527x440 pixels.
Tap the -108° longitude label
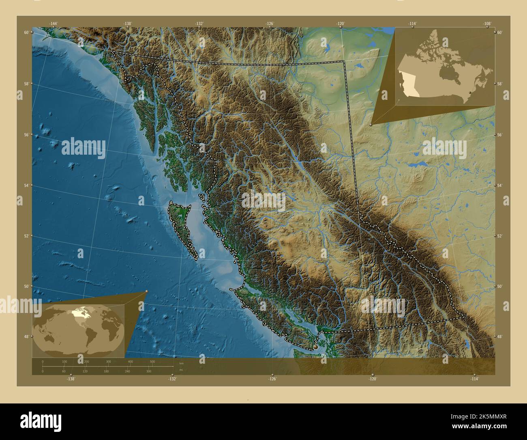(x=487, y=24)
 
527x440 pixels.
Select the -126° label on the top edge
(x=270, y=24)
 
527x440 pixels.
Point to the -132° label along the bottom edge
(x=173, y=379)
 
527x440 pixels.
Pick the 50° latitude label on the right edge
(x=500, y=286)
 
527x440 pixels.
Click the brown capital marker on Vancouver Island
(x=316, y=347)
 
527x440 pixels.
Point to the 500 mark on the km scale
(x=152, y=361)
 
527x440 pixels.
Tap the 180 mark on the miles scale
(x=106, y=371)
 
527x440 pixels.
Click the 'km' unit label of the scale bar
(x=176, y=363)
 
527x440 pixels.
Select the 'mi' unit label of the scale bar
(x=175, y=370)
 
